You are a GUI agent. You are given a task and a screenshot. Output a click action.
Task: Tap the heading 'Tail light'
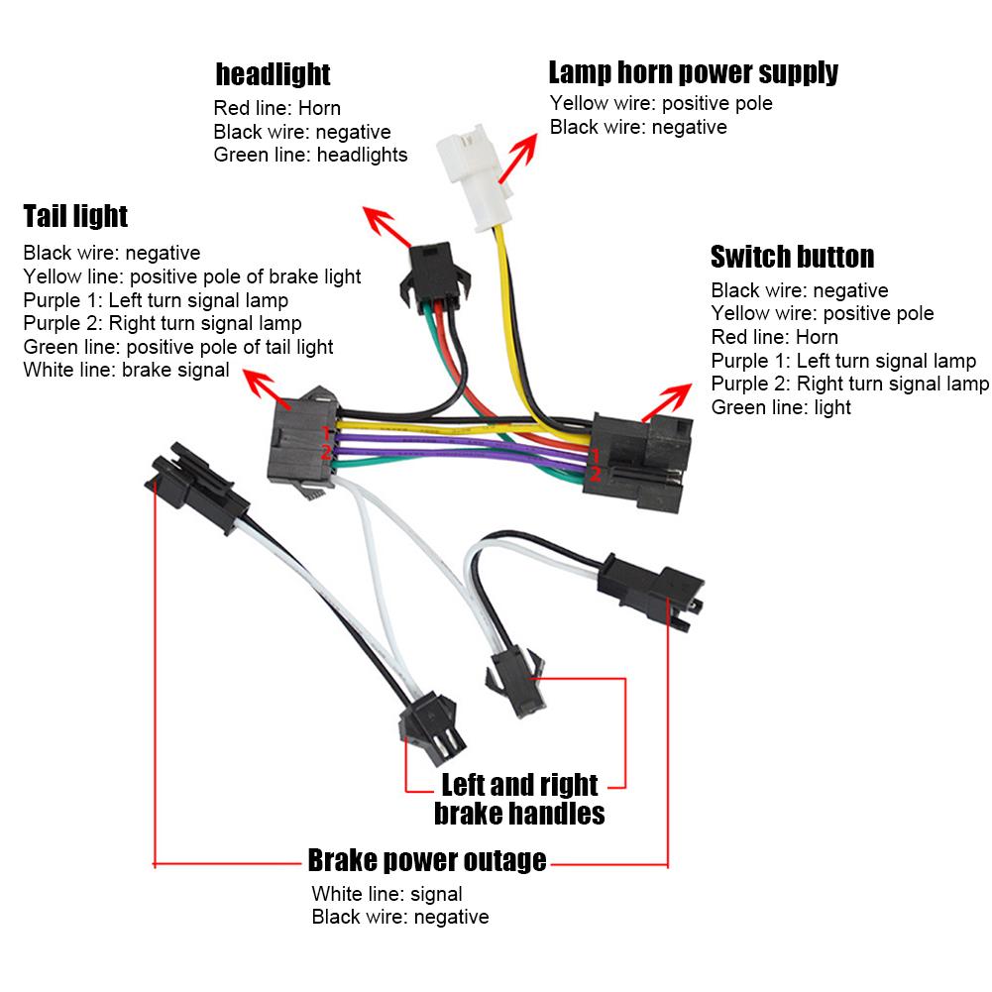click(75, 215)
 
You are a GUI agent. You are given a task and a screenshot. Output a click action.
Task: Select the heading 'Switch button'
click(792, 257)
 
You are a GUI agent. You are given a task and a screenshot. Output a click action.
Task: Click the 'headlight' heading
click(273, 74)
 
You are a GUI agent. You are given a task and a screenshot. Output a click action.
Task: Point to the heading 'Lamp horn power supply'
click(693, 72)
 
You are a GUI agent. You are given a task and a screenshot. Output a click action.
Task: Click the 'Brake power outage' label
click(426, 859)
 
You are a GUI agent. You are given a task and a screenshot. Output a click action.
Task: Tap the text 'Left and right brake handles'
click(519, 799)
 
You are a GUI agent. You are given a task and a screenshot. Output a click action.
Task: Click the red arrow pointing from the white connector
click(517, 157)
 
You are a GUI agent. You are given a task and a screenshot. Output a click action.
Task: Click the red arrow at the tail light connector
click(266, 389)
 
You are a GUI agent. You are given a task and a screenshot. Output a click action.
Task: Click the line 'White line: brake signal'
click(126, 371)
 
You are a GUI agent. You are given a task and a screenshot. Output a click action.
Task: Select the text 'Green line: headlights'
click(310, 155)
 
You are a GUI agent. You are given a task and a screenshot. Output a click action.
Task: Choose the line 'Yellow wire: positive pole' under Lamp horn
click(661, 103)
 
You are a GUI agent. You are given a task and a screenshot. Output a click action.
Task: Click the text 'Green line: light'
click(781, 407)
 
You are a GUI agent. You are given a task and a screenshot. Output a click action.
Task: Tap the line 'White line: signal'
click(386, 894)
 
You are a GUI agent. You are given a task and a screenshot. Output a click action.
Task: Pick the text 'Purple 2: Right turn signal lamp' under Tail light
click(163, 323)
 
